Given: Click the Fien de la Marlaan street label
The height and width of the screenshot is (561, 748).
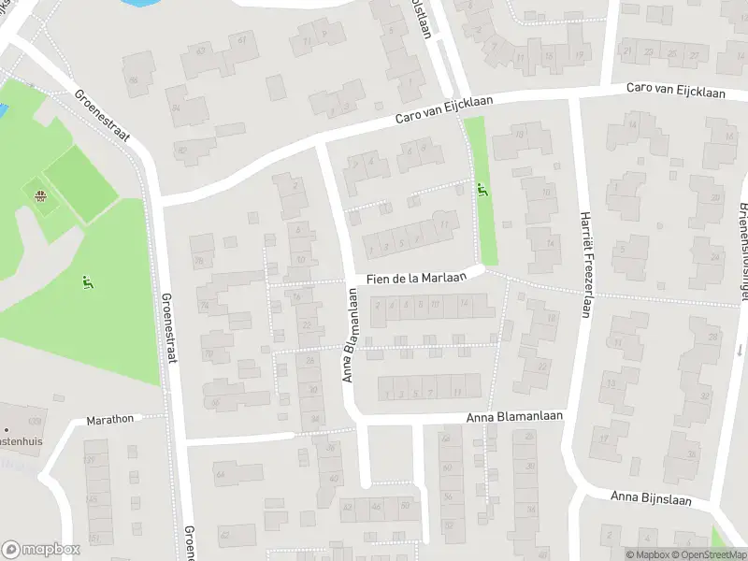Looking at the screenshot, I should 429,278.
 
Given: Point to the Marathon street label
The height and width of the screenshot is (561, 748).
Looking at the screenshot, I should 110,419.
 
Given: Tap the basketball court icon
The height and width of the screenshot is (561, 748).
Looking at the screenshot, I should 40,195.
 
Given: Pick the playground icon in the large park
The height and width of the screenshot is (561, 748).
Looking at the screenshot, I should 113,280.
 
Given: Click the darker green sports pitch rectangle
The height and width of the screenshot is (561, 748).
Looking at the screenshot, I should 80,183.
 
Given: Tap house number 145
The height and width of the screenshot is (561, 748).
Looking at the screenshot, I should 91,500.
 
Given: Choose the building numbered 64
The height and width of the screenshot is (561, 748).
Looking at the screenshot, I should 221,475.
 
